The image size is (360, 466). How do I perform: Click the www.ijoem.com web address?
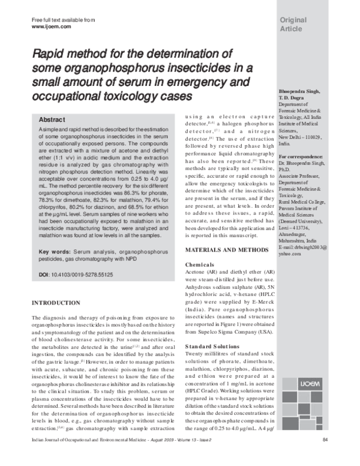51,27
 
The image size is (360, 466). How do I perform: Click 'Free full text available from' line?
64,20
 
